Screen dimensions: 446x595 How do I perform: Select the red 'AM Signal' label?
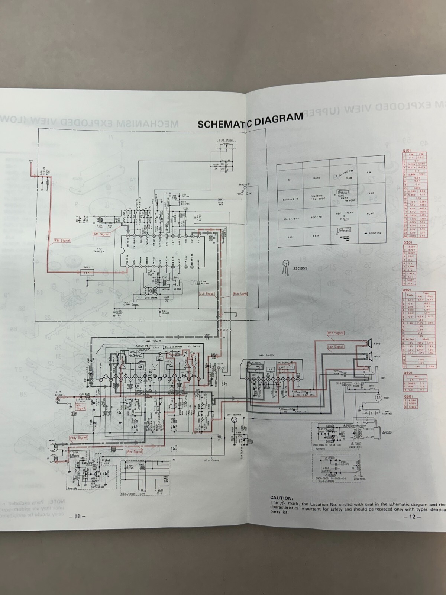[x=101, y=234]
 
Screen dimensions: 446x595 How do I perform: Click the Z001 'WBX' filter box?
[x=87, y=273]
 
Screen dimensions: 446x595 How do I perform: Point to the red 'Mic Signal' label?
[x=81, y=406]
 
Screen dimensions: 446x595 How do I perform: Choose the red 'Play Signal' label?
[x=78, y=438]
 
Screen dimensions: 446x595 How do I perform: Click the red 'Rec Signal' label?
[x=135, y=451]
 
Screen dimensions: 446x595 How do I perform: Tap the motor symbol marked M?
[x=378, y=398]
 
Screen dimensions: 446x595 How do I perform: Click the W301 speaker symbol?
[x=370, y=356]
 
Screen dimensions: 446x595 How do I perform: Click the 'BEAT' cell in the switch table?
[x=316, y=235]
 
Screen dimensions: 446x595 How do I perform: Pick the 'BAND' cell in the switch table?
[x=316, y=178]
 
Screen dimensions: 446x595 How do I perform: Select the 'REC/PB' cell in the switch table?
[x=316, y=217]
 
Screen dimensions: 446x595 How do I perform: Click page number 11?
[x=77, y=516]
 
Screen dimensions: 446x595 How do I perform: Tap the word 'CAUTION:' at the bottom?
[x=281, y=498]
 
